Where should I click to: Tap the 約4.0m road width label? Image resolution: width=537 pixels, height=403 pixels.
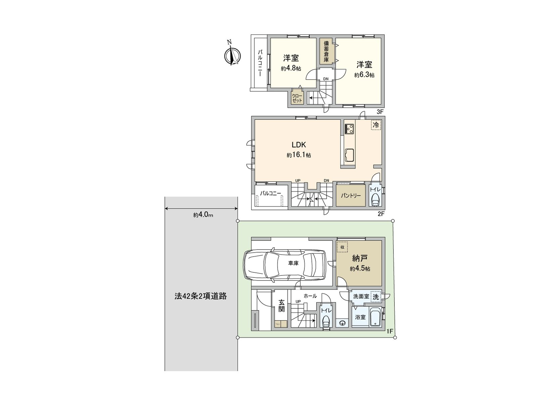tap(203, 215)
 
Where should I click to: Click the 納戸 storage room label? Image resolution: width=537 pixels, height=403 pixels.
tap(360, 258)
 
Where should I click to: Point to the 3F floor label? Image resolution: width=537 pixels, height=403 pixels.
tap(380, 111)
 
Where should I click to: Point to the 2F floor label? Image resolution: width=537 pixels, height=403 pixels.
tap(381, 214)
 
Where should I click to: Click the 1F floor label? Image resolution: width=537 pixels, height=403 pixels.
tap(389, 331)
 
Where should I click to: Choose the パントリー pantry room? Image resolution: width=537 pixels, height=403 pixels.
tap(351, 195)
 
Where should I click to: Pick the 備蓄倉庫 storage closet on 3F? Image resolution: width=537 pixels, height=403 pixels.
tap(326, 51)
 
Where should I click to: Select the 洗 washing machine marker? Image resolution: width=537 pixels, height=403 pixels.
tap(376, 297)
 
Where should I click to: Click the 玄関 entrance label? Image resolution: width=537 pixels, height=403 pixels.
tap(281, 306)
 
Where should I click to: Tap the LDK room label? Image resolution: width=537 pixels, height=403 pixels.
tap(298, 145)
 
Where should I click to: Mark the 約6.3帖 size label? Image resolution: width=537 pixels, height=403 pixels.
tap(364, 75)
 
